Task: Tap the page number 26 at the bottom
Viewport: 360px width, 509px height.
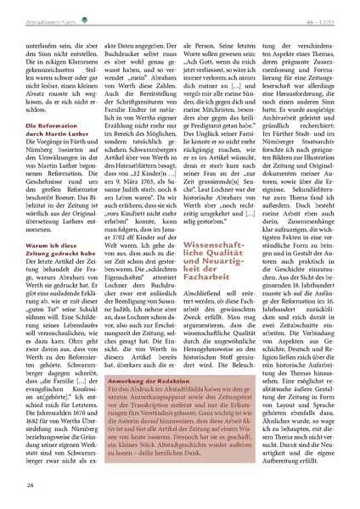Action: point(30,484)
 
